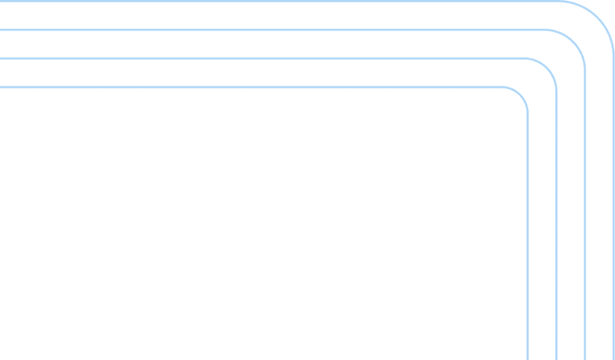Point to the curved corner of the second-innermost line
547,68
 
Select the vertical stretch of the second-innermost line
556,223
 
